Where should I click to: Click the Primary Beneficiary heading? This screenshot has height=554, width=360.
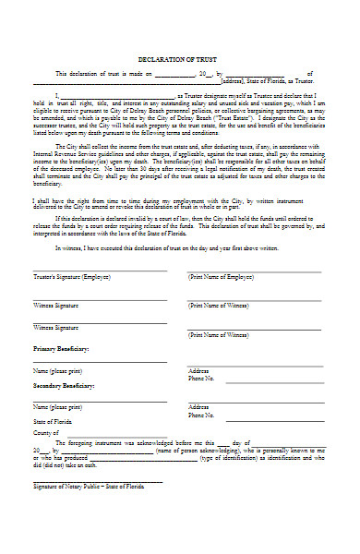coord(61,349)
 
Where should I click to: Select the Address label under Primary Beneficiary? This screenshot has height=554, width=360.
coord(198,371)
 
